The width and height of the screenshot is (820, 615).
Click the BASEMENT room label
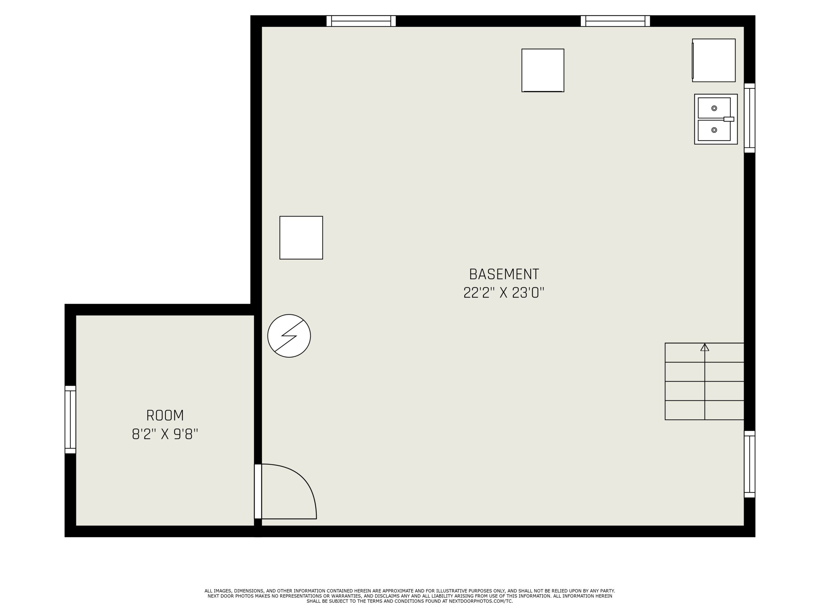click(504, 274)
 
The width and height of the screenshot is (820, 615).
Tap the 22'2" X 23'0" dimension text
click(504, 293)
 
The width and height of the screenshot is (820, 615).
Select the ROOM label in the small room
click(165, 415)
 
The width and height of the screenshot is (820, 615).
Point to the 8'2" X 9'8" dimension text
click(165, 434)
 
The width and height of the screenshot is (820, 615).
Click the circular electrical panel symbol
click(289, 336)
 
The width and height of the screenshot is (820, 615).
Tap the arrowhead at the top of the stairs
click(705, 347)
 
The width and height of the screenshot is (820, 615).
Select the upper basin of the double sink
click(714, 108)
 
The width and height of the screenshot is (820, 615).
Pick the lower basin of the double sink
click(714, 130)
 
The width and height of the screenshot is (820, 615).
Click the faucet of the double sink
click(729, 119)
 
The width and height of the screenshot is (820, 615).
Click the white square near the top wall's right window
click(543, 70)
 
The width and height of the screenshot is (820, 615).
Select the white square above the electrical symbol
click(301, 238)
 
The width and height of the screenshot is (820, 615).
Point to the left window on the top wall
click(361, 21)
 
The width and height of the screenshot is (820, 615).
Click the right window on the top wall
click(615, 21)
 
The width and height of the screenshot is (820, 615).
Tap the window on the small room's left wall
click(70, 419)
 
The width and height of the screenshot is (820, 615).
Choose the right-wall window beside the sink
click(750, 118)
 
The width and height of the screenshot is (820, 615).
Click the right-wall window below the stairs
click(750, 464)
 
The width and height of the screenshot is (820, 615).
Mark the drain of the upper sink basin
click(714, 108)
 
